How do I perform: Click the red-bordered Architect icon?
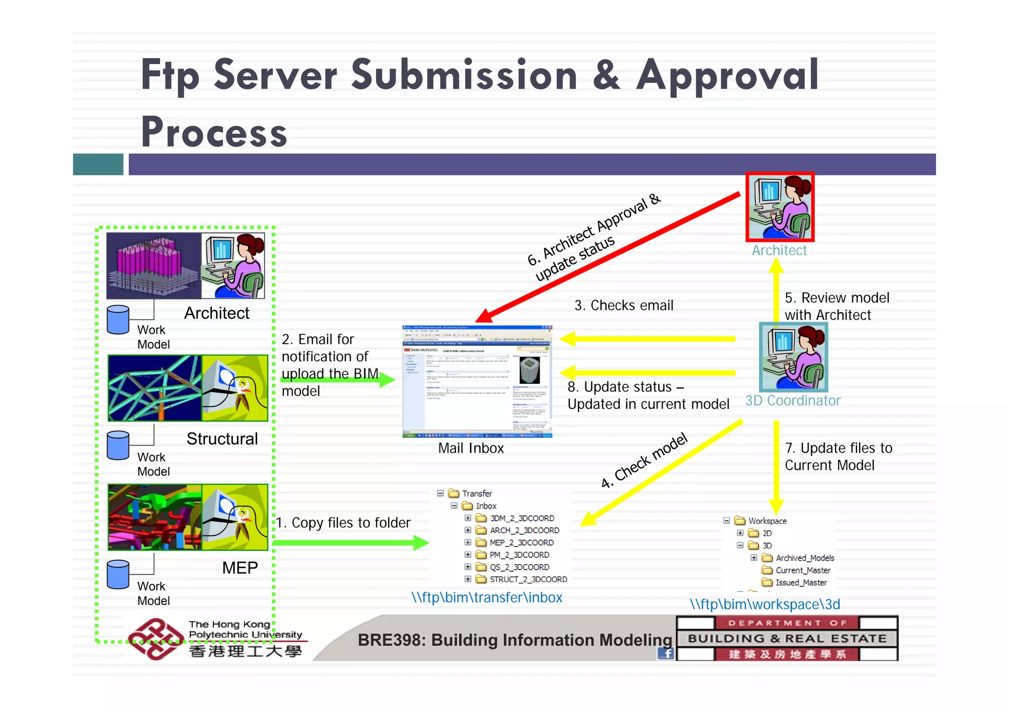780,207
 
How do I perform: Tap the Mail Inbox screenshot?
477,381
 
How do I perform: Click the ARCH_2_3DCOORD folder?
524,530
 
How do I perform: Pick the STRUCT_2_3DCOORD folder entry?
527,579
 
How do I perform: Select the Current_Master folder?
802,570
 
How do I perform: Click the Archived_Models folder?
804,558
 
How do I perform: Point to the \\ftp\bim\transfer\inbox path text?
486,598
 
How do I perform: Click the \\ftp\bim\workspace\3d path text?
765,605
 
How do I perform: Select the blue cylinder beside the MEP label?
118,575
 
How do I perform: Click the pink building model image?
154,266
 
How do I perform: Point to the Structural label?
222,439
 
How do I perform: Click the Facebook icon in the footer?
666,654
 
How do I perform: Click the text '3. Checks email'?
624,306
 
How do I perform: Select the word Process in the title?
214,132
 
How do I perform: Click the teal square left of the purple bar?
98,165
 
